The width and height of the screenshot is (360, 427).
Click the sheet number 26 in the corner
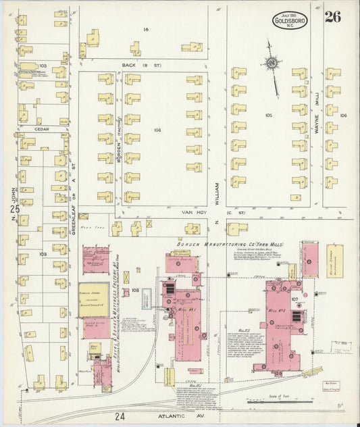coord(332,17)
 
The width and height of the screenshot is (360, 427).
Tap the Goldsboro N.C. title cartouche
coord(290,21)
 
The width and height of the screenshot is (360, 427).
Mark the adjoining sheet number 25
coord(14,211)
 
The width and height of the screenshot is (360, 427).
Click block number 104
coord(157,130)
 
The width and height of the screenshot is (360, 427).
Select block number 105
coord(268,116)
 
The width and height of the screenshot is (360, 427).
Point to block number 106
coord(342,116)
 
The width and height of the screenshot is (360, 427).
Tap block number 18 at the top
coord(145,30)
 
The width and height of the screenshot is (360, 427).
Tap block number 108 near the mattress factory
coord(134,291)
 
